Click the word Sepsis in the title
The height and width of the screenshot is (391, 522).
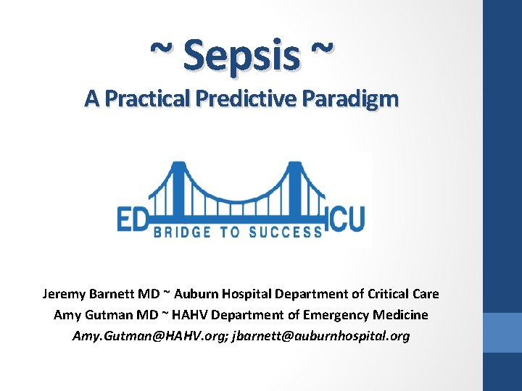click(x=241, y=55)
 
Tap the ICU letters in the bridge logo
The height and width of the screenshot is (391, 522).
click(x=347, y=216)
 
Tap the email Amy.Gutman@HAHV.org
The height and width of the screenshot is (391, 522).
click(x=149, y=336)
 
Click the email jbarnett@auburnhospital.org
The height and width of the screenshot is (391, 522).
click(x=320, y=336)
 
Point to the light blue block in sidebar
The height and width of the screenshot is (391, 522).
click(x=502, y=332)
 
